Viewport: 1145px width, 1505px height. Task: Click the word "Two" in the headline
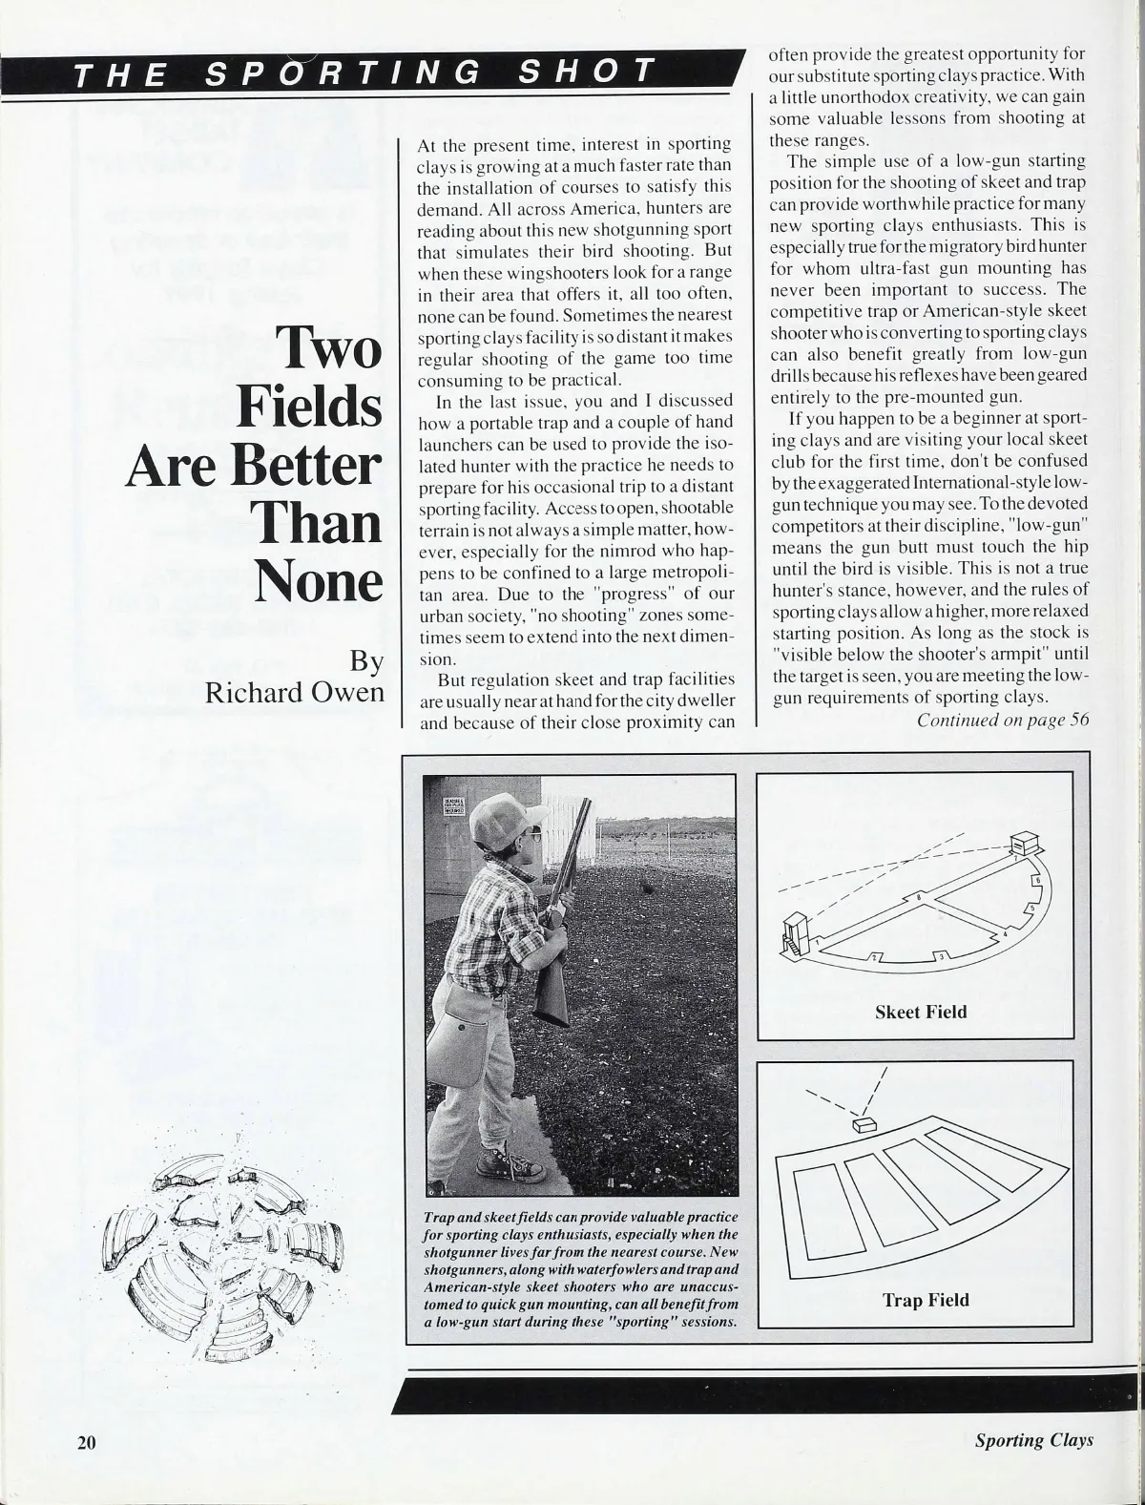pos(327,349)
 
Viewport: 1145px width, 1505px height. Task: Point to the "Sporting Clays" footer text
pos(1034,1442)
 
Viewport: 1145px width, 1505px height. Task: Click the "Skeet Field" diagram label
pos(921,1012)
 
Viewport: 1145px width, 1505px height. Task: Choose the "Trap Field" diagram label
pos(925,1300)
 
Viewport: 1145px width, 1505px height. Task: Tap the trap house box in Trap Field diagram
pos(866,1126)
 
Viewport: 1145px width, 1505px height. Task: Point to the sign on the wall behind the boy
pos(457,808)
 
